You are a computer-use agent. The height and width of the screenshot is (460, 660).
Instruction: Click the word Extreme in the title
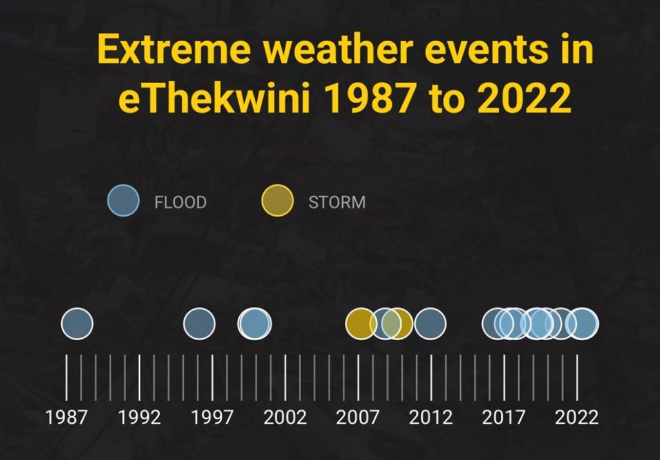coord(174,49)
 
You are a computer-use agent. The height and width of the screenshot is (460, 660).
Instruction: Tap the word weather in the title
coord(338,49)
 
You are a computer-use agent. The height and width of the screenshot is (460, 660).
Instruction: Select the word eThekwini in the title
coord(215,98)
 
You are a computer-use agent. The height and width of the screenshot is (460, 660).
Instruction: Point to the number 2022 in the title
coord(525,98)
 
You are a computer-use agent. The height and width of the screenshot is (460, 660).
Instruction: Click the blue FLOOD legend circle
coord(123,200)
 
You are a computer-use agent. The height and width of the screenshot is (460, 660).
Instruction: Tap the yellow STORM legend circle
coord(277,200)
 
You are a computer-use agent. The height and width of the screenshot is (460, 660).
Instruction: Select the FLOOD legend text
coord(180,202)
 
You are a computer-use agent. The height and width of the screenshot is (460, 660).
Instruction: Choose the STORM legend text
coord(337,202)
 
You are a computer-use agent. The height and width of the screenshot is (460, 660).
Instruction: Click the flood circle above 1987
coord(77,323)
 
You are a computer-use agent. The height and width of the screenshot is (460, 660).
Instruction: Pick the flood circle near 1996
coord(200,323)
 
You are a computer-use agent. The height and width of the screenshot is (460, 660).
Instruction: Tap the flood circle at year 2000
coord(255,323)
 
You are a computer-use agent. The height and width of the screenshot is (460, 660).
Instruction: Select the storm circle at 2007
coord(361,323)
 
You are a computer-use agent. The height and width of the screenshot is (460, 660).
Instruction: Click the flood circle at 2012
coord(430,323)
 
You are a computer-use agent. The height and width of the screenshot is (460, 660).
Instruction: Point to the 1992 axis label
coord(139,417)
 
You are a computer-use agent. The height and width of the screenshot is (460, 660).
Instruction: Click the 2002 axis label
coord(285,417)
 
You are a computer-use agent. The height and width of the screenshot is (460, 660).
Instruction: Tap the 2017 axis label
coord(503,417)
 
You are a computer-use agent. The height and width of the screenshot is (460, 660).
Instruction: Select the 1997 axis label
coord(212,417)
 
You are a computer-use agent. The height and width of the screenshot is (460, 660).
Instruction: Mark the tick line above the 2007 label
coord(358,378)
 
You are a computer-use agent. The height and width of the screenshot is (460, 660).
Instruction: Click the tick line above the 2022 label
coord(577,378)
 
